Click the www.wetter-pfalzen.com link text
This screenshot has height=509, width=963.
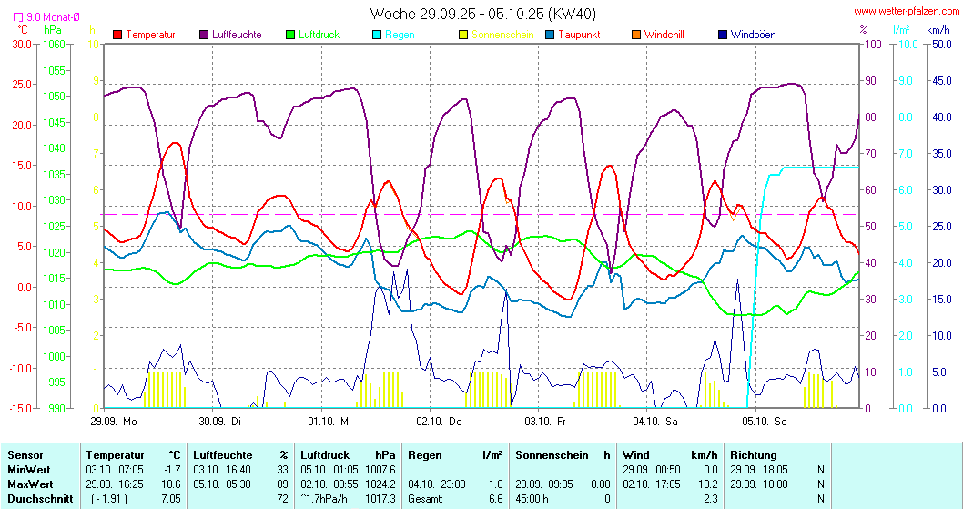click(x=905, y=12)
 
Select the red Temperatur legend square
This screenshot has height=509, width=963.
click(x=117, y=35)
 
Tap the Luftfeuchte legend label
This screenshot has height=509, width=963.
click(x=236, y=35)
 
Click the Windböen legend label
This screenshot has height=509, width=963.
click(x=753, y=35)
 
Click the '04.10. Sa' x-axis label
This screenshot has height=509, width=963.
click(x=656, y=422)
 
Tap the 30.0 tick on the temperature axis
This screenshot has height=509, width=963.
click(x=20, y=44)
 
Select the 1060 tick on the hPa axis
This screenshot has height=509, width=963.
click(x=54, y=44)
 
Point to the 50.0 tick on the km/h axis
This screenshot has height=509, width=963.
click(x=938, y=44)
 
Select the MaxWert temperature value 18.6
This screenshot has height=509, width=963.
click(x=170, y=484)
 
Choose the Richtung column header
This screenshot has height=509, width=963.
click(x=753, y=454)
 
